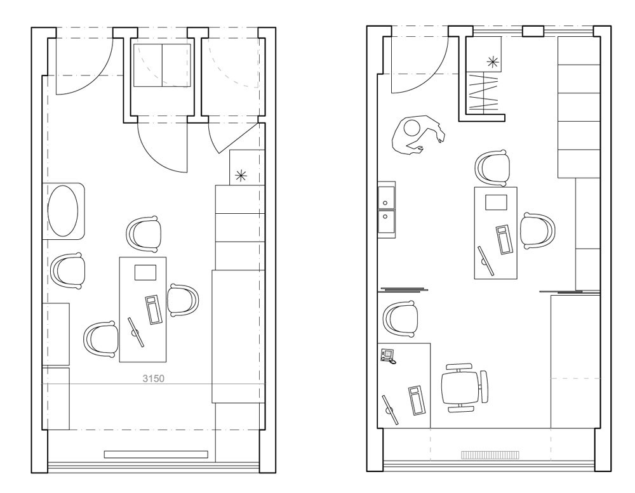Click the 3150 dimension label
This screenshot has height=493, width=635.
(154, 378)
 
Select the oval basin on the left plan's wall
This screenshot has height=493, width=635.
(63, 211)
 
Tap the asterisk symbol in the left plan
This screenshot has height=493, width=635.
(241, 175)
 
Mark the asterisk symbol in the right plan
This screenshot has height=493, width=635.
(493, 62)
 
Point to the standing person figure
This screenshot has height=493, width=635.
(417, 134)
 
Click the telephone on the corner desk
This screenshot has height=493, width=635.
(387, 356)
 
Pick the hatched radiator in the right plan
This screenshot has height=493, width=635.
(490, 456)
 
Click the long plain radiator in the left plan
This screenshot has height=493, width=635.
(156, 454)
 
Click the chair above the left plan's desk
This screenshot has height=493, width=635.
(144, 234)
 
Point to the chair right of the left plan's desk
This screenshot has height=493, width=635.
(184, 300)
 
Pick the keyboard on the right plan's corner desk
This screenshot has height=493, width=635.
(417, 401)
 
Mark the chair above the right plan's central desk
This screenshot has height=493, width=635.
(493, 168)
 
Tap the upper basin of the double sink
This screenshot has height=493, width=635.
(387, 197)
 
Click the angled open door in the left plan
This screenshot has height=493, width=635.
(233, 138)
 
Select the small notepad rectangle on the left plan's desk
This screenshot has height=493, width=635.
(145, 272)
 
